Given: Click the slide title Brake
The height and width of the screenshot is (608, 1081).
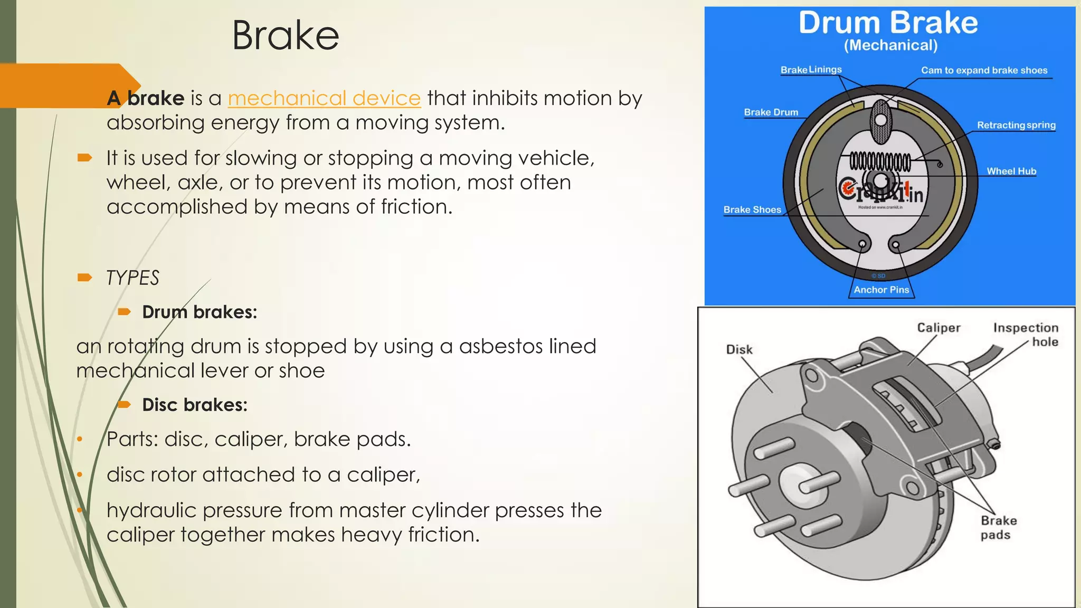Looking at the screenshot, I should [x=286, y=36].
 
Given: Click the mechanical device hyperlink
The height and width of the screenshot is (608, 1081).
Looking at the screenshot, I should [x=324, y=98].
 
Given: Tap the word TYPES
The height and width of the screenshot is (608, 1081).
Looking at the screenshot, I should [x=132, y=278].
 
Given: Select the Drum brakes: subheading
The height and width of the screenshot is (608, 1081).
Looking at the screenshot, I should [x=200, y=312].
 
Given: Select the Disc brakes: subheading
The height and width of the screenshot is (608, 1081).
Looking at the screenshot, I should [x=195, y=405].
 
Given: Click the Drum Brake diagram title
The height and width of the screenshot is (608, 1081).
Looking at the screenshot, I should [x=888, y=23].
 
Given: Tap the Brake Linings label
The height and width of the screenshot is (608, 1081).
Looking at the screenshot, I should [x=811, y=70].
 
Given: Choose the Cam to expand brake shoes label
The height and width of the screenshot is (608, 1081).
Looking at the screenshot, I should [x=984, y=70].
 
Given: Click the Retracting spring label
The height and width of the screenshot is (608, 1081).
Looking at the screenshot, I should [x=1016, y=125].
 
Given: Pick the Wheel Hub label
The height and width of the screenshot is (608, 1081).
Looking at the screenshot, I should [x=1011, y=171].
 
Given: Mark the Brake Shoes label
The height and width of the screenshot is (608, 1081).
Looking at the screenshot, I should [x=752, y=210].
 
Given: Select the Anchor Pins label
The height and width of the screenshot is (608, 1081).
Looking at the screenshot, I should [x=881, y=290].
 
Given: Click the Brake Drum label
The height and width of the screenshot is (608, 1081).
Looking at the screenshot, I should [x=771, y=112].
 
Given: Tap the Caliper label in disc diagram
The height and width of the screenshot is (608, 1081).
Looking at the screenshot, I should [x=938, y=328].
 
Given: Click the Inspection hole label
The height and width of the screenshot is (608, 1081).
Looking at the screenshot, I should [x=1026, y=335].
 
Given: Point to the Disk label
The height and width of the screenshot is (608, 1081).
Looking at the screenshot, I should [x=739, y=349].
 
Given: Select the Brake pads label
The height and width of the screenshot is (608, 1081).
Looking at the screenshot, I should [x=998, y=527].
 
